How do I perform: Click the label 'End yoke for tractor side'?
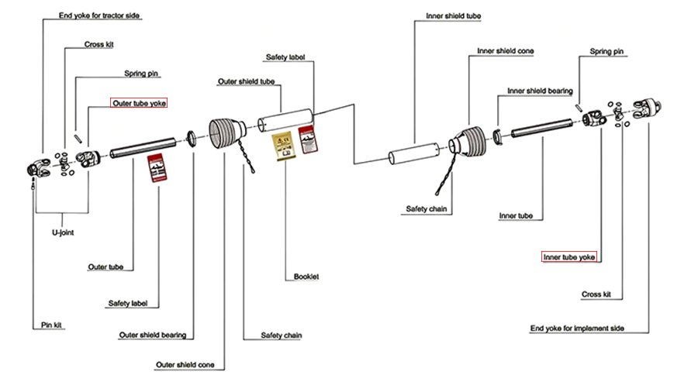click(100, 15)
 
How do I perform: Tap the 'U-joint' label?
click(62, 231)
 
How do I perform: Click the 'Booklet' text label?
click(306, 277)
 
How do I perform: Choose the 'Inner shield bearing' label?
click(540, 91)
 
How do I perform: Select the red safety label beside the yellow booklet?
click(309, 138)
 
